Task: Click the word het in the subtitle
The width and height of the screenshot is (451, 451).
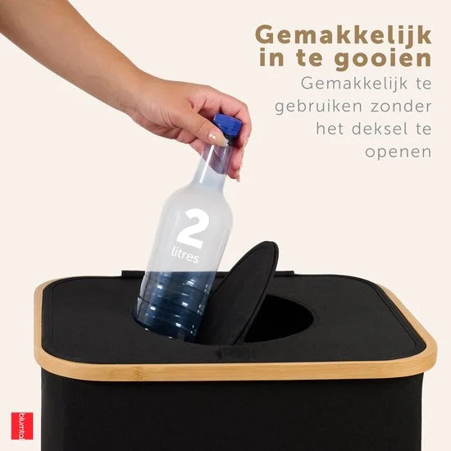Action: click(332, 130)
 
